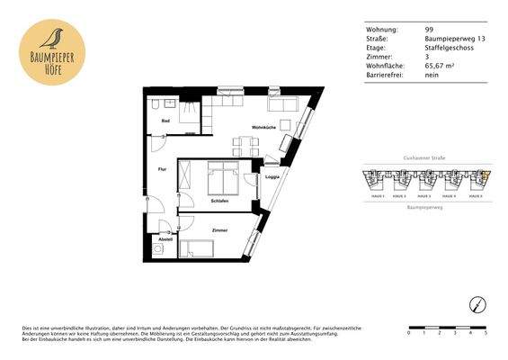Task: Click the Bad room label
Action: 165,120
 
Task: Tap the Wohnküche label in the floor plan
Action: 263,126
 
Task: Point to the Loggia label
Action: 272,176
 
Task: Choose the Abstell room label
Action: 165,238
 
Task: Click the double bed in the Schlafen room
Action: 221,177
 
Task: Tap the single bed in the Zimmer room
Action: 206,249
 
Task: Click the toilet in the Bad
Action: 156,102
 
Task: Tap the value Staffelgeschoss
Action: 446,49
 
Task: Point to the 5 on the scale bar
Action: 486,333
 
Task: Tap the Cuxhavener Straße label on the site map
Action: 425,157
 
